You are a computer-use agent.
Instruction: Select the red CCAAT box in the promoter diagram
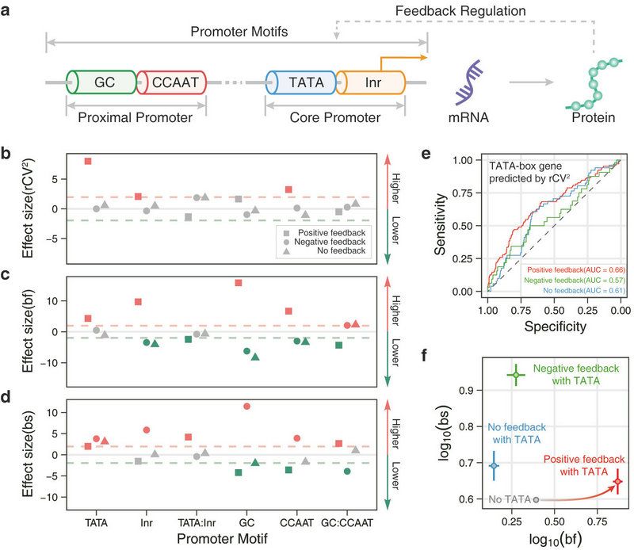click(x=173, y=82)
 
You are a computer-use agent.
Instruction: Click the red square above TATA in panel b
click(x=88, y=161)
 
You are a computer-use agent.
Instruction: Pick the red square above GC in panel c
click(x=239, y=283)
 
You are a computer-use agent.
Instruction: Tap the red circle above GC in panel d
click(x=247, y=406)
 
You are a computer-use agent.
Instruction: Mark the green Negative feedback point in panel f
click(x=515, y=375)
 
